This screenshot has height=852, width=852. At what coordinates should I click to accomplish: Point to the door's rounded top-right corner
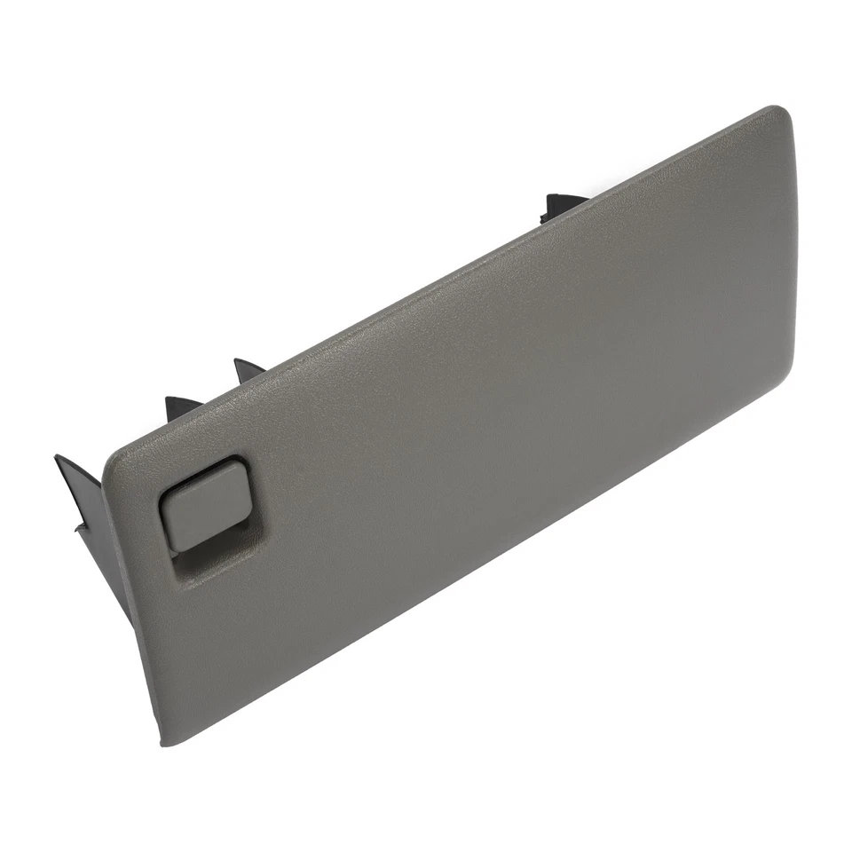[x=781, y=114]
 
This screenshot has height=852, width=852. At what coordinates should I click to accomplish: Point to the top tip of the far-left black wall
[x=59, y=458]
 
